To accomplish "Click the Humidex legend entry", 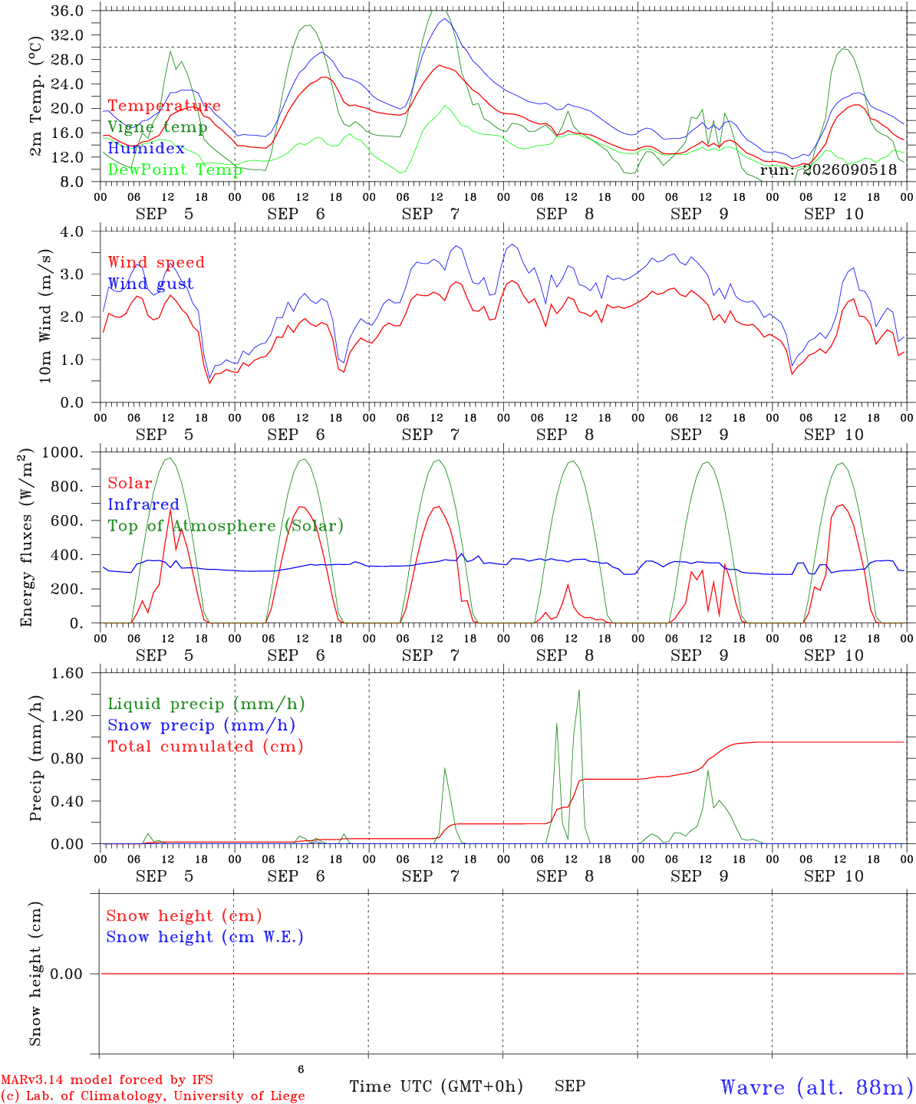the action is [146, 148].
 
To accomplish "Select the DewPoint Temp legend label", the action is [175, 169].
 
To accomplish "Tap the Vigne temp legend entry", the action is [158, 127].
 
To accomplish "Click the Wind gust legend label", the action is [151, 284].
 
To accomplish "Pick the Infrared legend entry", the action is [143, 504].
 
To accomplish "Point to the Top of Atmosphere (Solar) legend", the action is [226, 526].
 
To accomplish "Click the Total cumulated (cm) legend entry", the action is [206, 747].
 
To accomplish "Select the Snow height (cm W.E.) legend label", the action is [205, 937].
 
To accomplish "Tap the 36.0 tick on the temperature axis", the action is [68, 11].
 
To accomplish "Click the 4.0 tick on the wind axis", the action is [71, 232].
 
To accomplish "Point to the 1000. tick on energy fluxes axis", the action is [63, 452].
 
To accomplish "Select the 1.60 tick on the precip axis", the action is [68, 673].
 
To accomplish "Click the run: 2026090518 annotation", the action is [828, 169].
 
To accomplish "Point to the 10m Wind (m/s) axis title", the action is [45, 316].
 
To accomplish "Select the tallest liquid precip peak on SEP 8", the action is [579, 691].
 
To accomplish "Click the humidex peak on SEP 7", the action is [444, 19].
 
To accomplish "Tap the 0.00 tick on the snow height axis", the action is [66, 974].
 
